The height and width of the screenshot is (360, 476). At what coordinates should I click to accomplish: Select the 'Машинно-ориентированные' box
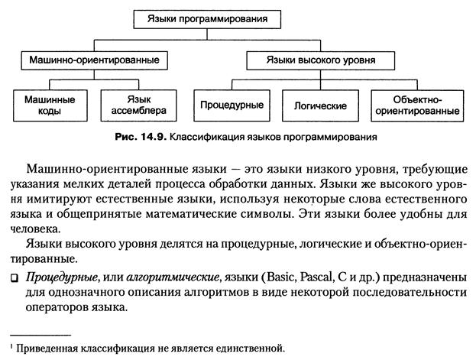[92, 59]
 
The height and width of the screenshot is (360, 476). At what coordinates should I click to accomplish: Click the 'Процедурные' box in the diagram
[228, 105]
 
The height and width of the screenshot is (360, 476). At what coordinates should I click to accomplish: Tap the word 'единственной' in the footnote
[254, 348]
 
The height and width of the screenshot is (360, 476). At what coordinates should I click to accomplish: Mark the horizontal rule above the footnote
[42, 335]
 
